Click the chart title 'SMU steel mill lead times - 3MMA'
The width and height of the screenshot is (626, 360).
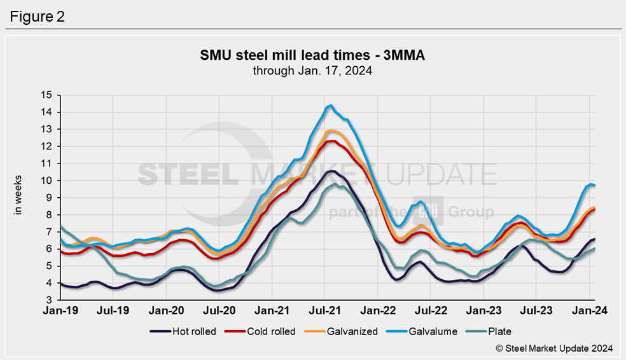tap(312, 57)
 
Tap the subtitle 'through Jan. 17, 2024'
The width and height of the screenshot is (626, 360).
tap(312, 71)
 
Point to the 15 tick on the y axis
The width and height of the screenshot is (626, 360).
tap(46, 95)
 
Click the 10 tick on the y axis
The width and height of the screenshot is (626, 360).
tap(46, 181)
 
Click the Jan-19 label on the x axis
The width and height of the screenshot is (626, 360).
tap(60, 310)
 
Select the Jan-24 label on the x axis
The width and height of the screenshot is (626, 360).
tap(589, 310)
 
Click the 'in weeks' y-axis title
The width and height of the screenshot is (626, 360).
tap(18, 195)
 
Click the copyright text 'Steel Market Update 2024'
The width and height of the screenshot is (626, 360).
tap(554, 348)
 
